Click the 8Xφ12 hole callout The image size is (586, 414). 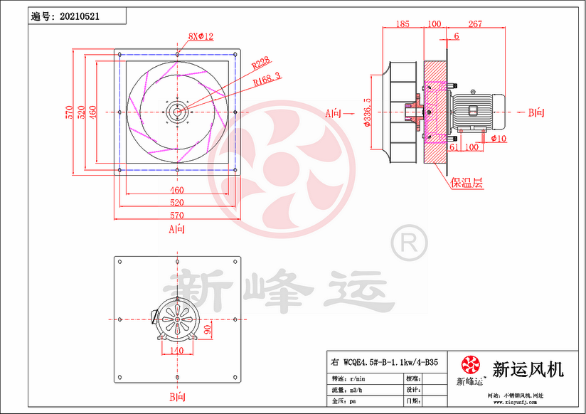click(x=201, y=36)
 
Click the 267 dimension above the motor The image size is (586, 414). click(x=475, y=24)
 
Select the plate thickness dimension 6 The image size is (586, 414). click(x=456, y=36)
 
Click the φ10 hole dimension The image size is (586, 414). click(x=498, y=139)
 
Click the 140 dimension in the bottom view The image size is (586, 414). click(x=176, y=351)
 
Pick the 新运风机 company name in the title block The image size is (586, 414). click(x=528, y=369)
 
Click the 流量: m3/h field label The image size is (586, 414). click(x=346, y=391)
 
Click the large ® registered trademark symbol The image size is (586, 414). click(x=409, y=244)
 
